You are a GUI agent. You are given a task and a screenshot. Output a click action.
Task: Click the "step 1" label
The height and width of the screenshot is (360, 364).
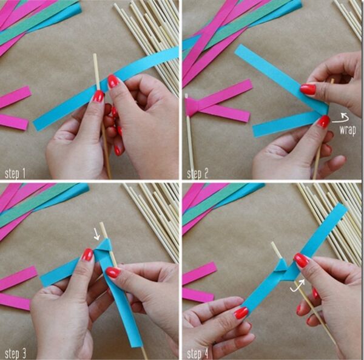coord(15,174)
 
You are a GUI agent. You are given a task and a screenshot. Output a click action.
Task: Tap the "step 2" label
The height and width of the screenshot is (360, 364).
coord(198,174)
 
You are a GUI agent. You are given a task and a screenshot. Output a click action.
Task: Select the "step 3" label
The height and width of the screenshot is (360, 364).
coord(15,353)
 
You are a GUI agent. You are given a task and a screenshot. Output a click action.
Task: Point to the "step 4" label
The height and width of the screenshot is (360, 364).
coord(198,353)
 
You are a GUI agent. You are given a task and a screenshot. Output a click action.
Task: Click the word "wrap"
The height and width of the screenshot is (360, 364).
coord(348,131)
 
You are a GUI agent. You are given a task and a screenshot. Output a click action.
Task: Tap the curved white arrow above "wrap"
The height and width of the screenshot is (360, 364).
coord(342,118)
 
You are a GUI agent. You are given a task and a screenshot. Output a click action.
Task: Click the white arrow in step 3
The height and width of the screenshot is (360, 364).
coord(96,234)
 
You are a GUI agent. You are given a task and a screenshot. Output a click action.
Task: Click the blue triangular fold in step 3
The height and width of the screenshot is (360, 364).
coord(104,245)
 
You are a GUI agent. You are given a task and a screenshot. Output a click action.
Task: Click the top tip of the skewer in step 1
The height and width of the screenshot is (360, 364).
coord(95,55)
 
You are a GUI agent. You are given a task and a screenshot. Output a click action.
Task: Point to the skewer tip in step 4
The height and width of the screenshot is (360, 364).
coord(272,243)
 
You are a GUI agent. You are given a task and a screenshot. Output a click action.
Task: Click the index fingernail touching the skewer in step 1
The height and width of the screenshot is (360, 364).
coord(98,96)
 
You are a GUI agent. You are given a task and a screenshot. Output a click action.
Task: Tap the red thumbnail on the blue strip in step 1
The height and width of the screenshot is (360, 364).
coord(113,81)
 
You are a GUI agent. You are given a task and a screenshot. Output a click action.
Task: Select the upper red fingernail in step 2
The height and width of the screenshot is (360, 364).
coord(308,89)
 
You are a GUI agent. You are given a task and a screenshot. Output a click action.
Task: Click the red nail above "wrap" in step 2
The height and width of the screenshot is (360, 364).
coord(323,121)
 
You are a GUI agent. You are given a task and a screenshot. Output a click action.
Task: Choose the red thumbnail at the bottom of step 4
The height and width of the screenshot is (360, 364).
coord(241,313)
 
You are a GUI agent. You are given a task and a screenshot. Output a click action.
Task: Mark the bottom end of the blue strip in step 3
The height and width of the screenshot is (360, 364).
coord(135,344)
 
